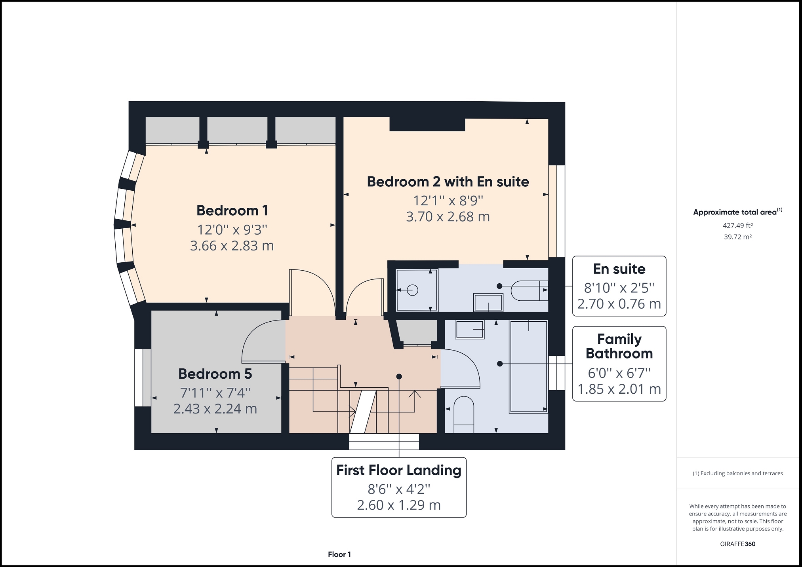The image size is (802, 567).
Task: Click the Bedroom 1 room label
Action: coord(232,210)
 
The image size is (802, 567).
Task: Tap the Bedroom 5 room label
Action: coord(215,374)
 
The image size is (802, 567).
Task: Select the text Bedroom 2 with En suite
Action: coord(448,182)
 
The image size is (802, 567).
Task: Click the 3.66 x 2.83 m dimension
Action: coord(232,246)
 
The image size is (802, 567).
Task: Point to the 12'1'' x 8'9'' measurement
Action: coord(448,201)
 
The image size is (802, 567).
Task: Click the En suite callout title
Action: coord(619,269)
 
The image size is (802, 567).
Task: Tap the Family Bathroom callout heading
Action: coord(619,346)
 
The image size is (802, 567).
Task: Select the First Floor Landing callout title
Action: coord(399,470)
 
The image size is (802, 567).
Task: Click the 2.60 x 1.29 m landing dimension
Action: coord(399,505)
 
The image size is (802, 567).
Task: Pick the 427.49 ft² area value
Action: coord(738,226)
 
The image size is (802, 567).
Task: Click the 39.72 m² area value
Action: coord(738,237)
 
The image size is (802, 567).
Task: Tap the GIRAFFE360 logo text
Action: coord(738,544)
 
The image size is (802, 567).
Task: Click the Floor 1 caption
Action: coord(339,554)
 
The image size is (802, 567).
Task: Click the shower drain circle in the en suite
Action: coord(413,290)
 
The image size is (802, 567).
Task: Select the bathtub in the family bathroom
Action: coord(528,367)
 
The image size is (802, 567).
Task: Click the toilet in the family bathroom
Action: coord(464,415)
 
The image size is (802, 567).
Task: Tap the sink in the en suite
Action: coord(488,303)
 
